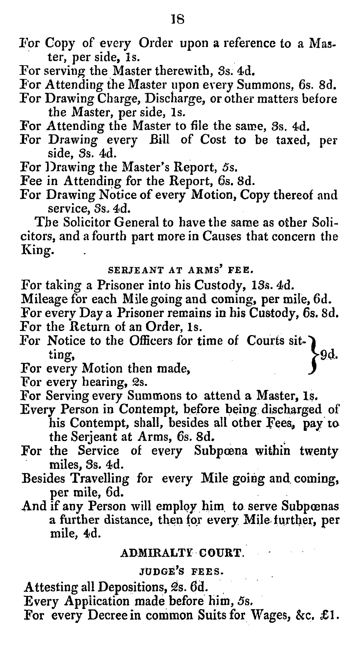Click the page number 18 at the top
(x=178, y=19)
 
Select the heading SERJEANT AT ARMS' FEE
(x=181, y=270)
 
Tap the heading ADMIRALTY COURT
(x=182, y=553)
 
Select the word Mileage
(x=44, y=299)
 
